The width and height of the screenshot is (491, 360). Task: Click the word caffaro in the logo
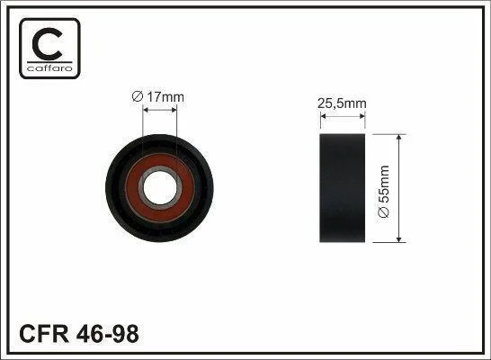click(x=49, y=68)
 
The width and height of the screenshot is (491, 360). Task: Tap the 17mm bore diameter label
click(x=165, y=97)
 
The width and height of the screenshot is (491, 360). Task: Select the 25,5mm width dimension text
click(x=342, y=103)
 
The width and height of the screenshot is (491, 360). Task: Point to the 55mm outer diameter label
click(x=384, y=184)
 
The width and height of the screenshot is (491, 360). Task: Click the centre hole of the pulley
click(x=160, y=187)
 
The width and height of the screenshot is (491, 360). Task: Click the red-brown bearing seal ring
click(x=132, y=188)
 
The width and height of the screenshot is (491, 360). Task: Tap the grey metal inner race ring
click(x=141, y=187)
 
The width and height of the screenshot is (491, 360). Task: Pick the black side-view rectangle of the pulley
click(x=343, y=188)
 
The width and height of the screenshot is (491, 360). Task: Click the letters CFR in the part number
click(x=43, y=334)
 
